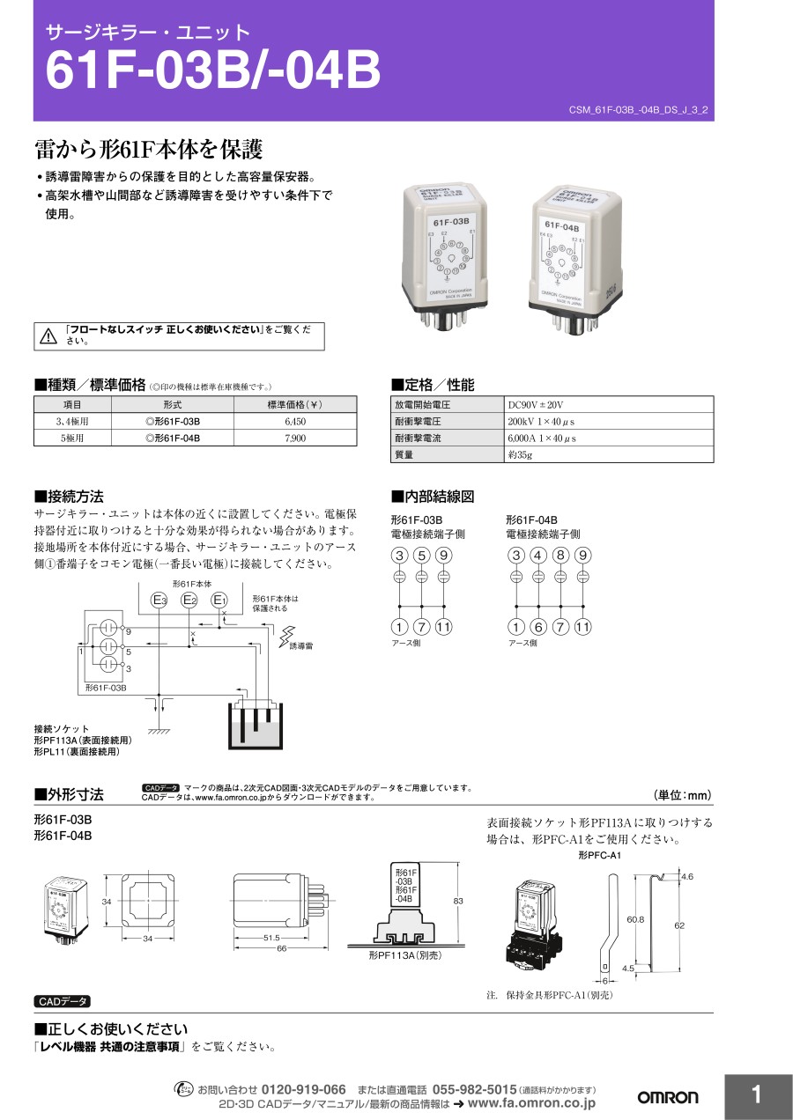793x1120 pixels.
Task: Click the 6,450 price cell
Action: click(295, 422)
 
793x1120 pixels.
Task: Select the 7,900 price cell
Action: click(295, 438)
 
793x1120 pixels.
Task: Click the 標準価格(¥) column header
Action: click(295, 405)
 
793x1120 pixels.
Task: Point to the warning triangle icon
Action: click(48, 335)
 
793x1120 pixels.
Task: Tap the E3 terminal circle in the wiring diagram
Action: click(159, 601)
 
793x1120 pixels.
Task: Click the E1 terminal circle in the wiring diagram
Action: click(219, 601)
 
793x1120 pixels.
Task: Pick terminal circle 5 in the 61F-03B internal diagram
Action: click(421, 556)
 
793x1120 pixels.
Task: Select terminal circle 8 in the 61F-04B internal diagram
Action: click(560, 556)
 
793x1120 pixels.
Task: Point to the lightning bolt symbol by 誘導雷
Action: click(286, 636)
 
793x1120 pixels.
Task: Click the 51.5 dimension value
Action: click(271, 937)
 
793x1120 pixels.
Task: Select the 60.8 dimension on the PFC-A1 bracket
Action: click(634, 919)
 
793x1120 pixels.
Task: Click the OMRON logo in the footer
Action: click(667, 1097)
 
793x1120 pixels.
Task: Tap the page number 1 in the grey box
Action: click(756, 1095)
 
